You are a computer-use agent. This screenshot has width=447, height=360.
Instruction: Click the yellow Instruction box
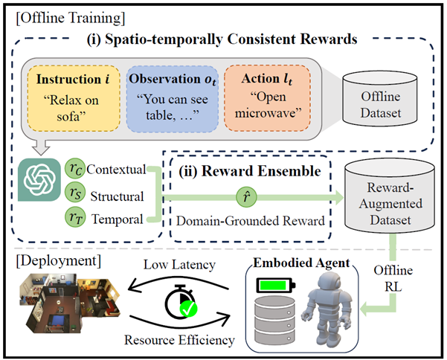pos(74,98)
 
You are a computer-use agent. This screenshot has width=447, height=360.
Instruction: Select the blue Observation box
pos(173,99)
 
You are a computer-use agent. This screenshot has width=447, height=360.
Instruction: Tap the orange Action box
pos(267,98)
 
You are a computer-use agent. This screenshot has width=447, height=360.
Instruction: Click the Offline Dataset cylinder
pos(380,98)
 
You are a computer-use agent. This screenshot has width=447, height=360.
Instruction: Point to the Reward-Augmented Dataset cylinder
pos(390,197)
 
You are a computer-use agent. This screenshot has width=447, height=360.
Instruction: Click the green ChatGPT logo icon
pos(39,180)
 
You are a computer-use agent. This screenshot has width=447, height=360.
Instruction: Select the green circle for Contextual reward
pos(75,169)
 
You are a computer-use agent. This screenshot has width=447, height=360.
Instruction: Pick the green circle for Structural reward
pos(75,193)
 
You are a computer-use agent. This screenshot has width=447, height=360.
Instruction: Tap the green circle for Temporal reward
pos(75,217)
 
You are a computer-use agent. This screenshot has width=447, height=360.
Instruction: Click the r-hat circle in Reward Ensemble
pos(247,197)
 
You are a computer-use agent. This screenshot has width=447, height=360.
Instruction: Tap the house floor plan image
pos(70,303)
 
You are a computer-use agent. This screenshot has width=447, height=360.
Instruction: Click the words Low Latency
pos(179,265)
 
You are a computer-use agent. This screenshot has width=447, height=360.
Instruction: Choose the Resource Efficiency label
pos(179,340)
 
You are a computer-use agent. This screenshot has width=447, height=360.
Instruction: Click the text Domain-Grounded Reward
pos(251,221)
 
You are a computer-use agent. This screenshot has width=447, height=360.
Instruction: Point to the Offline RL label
pos(393,278)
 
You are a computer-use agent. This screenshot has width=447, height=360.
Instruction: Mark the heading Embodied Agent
pos(301,263)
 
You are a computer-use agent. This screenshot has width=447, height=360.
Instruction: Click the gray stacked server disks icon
pos(274,321)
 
